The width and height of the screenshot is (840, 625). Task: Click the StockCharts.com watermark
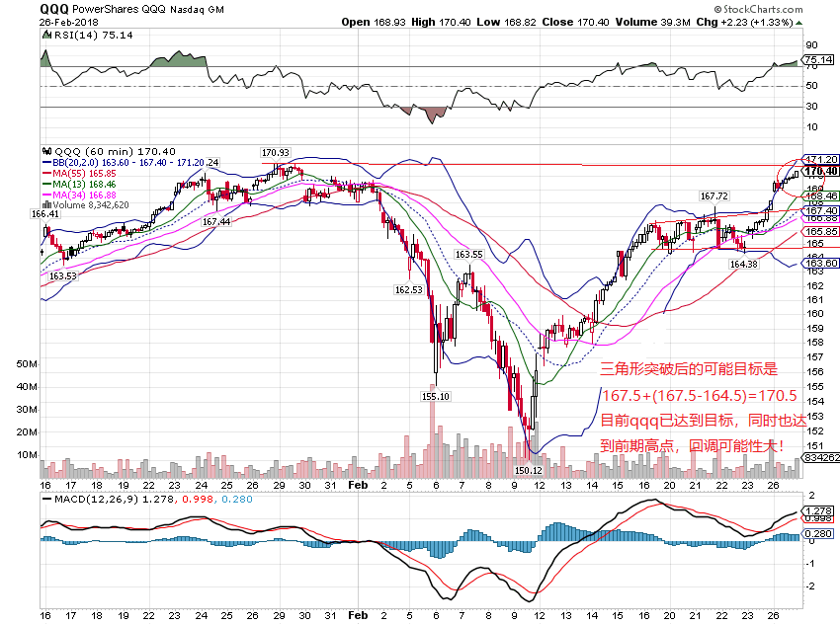click(790, 9)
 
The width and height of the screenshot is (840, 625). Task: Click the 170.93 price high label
click(275, 153)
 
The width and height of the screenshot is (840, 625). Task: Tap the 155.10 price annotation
click(436, 396)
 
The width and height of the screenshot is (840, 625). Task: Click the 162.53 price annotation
click(408, 290)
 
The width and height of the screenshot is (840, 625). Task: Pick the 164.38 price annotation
click(743, 264)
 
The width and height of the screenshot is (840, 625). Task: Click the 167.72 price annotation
click(714, 195)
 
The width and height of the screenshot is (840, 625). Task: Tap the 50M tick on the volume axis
click(27, 363)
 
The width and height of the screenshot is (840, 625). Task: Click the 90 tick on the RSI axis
click(812, 45)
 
